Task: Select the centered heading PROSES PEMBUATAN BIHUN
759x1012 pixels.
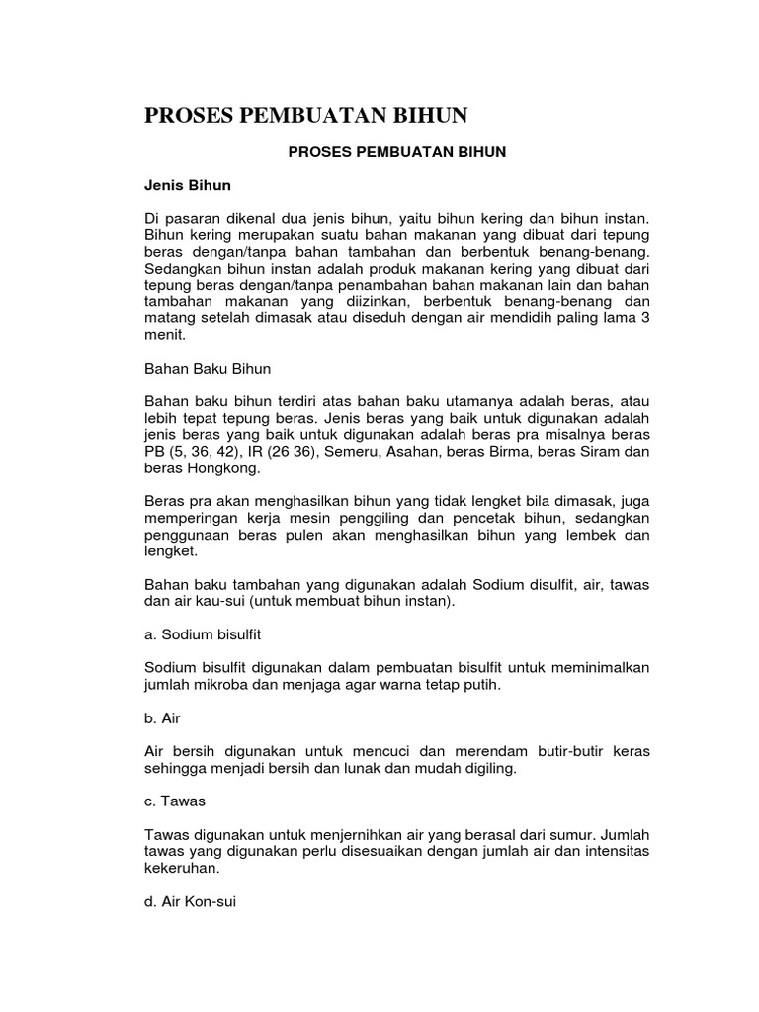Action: (396, 152)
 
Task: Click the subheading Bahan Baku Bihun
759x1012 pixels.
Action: (208, 367)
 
